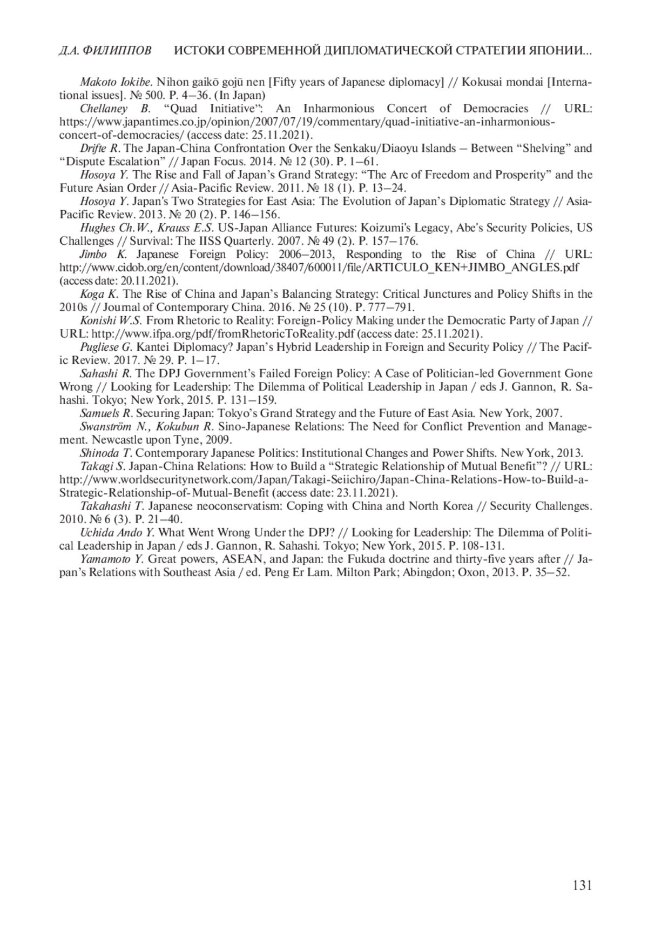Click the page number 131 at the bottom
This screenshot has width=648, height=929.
pos(582,885)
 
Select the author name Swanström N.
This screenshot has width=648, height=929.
pos(113,426)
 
